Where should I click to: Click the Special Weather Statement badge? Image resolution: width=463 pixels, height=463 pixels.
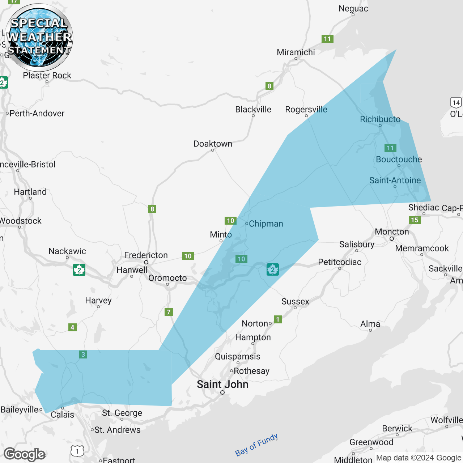39,37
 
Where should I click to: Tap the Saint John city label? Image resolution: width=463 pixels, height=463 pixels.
222,384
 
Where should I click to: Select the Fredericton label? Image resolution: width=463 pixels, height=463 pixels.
146,255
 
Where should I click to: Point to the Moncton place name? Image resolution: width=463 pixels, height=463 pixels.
392,231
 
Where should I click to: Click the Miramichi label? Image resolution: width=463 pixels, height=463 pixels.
296,52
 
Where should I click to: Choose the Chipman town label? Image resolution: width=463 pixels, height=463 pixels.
266,224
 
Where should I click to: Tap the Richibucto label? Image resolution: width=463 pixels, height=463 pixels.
380,119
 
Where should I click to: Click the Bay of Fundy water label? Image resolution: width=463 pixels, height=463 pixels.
256,445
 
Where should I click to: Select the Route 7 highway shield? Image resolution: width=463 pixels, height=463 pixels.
169,312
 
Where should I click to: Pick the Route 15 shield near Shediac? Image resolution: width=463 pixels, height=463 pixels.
415,220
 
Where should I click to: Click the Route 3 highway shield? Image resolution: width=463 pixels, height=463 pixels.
83,354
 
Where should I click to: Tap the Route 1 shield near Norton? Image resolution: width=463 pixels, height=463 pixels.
277,319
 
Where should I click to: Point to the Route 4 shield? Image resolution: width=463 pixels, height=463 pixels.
72,327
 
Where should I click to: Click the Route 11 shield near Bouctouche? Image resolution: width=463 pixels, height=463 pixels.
390,148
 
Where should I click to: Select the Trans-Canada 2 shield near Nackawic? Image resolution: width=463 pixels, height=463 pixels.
79,270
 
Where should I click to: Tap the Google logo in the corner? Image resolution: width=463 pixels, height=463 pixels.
25,454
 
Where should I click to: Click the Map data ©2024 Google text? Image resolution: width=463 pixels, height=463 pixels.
419,458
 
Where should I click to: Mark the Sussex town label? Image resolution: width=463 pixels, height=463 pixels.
295,301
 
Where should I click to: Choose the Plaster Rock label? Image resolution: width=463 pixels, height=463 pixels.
47,75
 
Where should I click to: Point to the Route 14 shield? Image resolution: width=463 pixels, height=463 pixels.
456,102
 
